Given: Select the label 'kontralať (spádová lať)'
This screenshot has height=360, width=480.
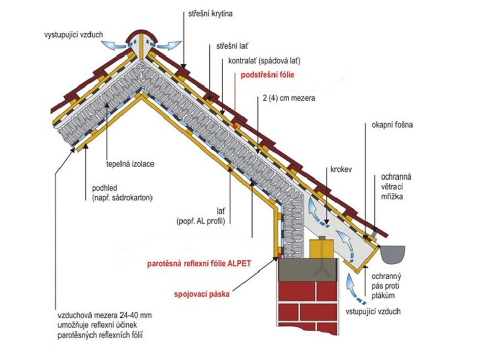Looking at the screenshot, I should tap(265, 62).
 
